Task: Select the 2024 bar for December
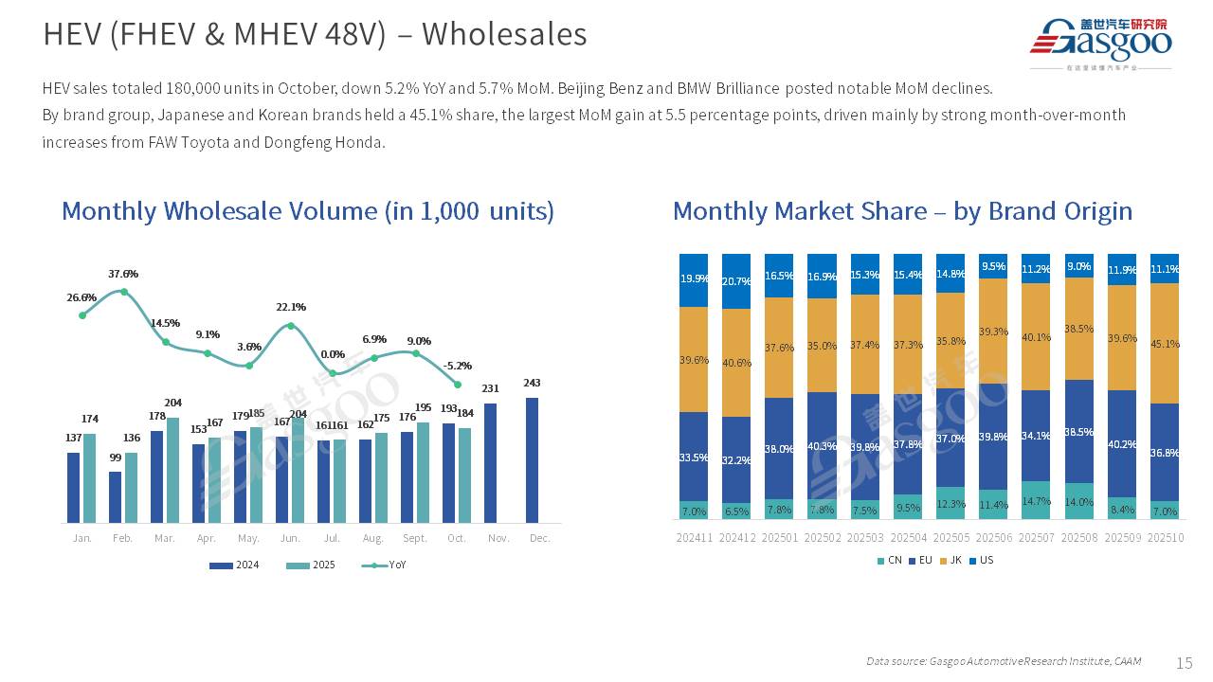[533, 459]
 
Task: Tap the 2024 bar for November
[491, 462]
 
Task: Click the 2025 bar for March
[173, 470]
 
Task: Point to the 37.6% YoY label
[123, 274]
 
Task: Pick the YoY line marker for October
[458, 385]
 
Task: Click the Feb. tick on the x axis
[123, 538]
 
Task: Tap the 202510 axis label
[1165, 538]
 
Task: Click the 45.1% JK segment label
[1166, 344]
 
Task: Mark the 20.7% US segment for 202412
[736, 281]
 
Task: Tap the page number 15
[1184, 662]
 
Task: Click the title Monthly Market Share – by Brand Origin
[902, 210]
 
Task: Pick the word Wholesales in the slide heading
[504, 34]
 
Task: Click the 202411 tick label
[694, 538]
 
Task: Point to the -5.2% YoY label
[458, 366]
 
